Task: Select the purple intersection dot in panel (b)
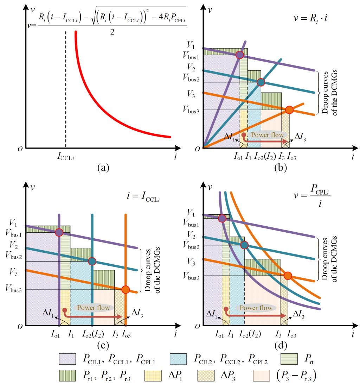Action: click(239, 55)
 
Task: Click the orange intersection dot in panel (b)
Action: click(289, 110)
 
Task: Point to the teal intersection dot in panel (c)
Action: click(92, 261)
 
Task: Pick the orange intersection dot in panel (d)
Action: click(288, 276)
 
